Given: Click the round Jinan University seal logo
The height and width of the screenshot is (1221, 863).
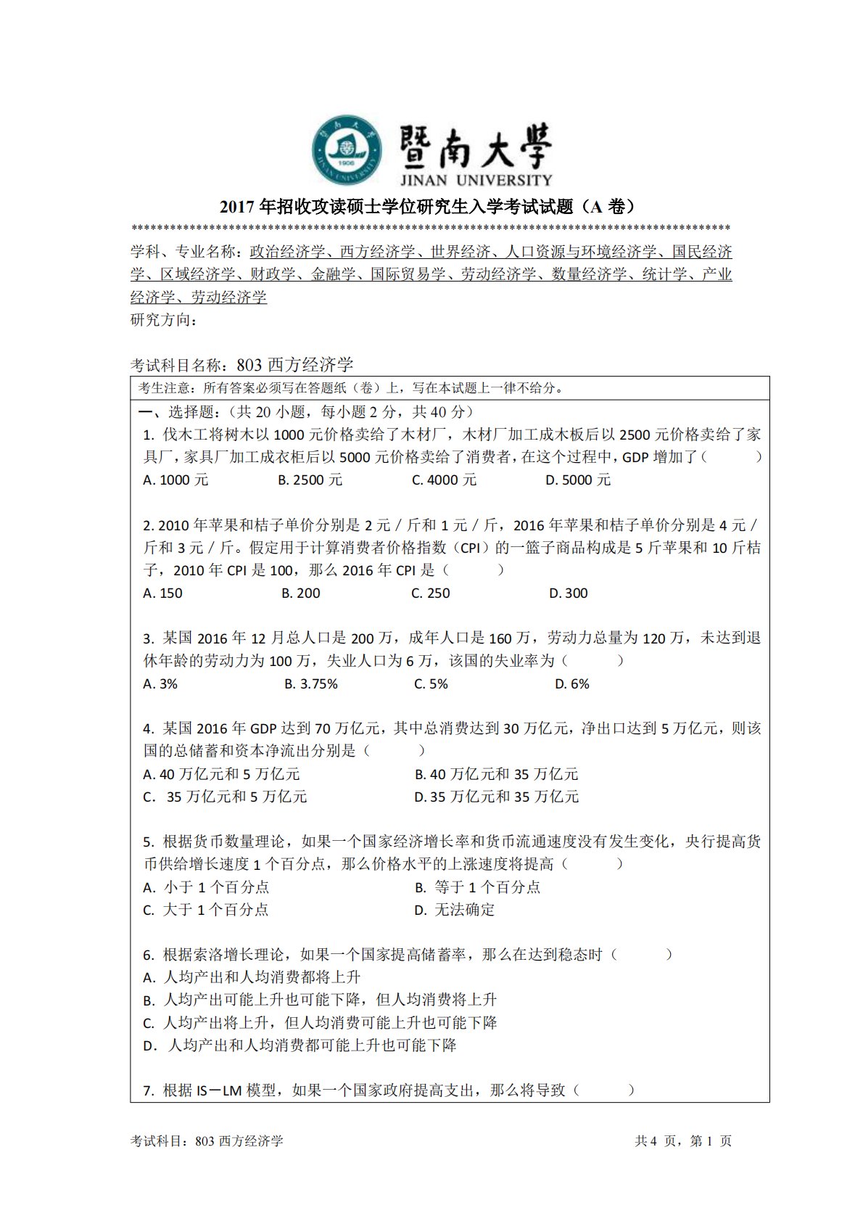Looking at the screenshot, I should point(347,150).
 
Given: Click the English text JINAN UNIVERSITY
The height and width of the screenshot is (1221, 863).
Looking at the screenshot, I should point(476,179).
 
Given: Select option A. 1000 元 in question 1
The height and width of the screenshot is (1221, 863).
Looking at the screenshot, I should point(176,480).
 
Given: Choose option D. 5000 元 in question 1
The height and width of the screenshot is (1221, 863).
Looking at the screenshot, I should point(578,480).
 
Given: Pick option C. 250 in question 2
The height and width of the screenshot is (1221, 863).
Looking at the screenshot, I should point(430,593).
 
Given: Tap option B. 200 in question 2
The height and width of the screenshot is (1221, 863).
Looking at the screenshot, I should point(300,593).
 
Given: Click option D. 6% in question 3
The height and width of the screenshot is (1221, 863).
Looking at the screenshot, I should point(571,683).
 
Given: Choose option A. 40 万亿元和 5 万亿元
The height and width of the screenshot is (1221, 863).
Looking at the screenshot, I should point(221,774).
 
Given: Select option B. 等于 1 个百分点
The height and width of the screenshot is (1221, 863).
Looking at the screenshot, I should point(477,887).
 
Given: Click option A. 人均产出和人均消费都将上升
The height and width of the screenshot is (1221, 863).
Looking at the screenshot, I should point(252,977).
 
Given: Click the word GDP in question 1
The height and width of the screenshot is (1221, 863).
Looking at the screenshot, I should point(635,457).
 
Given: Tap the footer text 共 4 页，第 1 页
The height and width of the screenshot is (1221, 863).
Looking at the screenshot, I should point(683,1140).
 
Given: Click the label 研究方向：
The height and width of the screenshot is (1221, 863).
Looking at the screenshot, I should point(164,320).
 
